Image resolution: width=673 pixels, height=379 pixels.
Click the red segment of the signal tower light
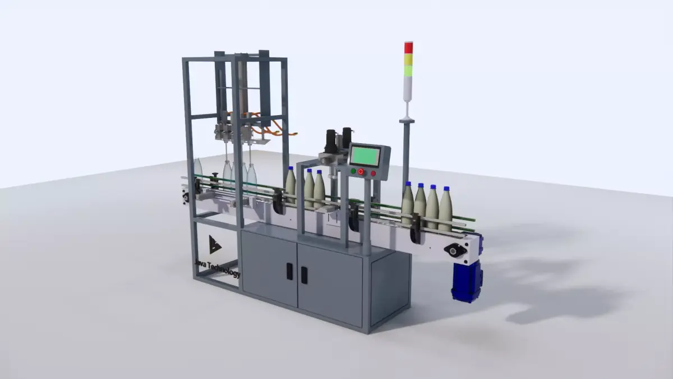coord(408,48)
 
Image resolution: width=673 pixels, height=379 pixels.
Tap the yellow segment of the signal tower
coord(408,59)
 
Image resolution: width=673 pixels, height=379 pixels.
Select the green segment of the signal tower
coord(408,70)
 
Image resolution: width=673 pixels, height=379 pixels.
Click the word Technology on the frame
coord(224,271)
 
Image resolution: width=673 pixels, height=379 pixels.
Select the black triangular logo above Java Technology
coord(215,244)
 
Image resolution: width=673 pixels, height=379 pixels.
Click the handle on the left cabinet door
coord(289,271)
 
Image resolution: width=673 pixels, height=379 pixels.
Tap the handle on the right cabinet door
coord(303,274)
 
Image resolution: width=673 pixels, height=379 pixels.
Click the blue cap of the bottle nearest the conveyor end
coord(446,190)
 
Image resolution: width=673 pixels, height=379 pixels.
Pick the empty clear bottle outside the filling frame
coord(197,168)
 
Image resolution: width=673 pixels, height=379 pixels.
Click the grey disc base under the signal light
coord(406,119)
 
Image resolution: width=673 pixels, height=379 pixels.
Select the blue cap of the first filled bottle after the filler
coord(291,167)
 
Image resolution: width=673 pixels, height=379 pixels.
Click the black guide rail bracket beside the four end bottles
coord(414,234)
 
